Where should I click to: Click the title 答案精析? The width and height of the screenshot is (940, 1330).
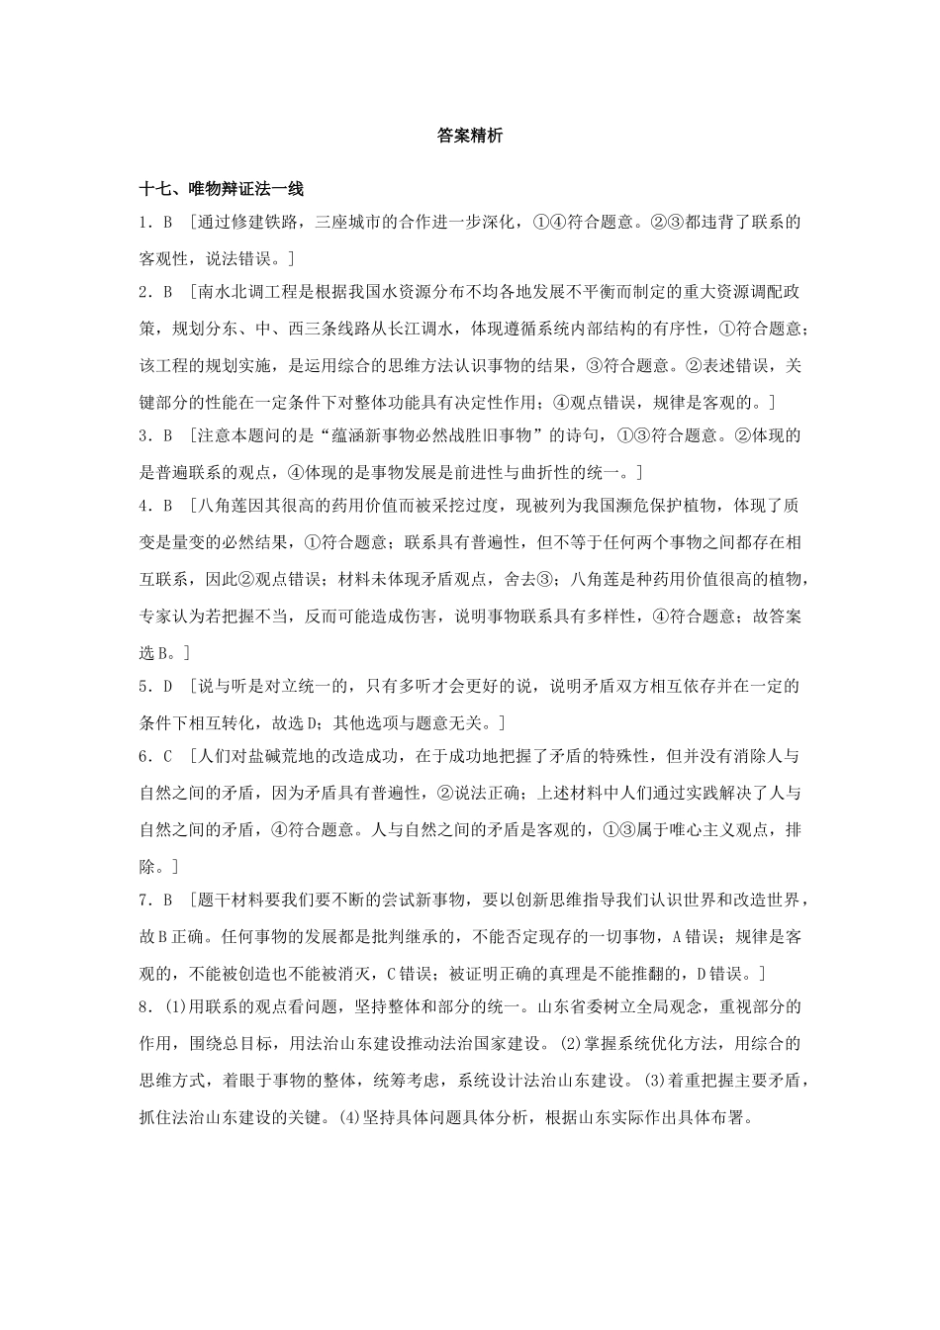[x=470, y=137]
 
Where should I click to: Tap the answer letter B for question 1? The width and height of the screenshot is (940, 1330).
[x=168, y=223]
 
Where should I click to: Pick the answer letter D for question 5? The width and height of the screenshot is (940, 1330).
[x=168, y=686]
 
